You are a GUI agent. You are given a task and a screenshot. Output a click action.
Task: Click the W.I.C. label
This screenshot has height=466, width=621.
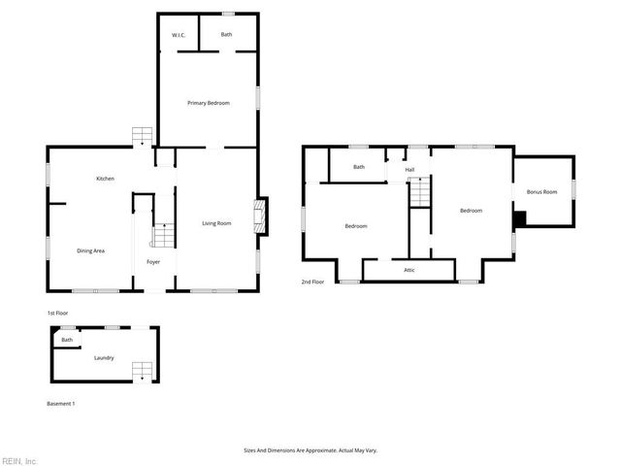coord(179,35)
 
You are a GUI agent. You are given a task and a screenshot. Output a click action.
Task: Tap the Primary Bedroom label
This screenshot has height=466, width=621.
coord(209,102)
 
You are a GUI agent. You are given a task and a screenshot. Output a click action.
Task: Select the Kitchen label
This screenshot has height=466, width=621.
coord(106,179)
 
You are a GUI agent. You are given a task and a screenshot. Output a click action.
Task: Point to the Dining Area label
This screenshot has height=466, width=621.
coord(90,251)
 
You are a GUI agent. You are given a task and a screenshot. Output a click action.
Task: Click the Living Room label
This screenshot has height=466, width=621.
coord(216,224)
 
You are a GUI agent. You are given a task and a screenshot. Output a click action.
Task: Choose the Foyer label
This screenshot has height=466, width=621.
coord(153,262)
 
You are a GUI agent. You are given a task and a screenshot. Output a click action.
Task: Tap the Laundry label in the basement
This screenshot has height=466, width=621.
coord(104,357)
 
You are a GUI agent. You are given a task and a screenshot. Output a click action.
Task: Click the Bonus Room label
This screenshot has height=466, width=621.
coord(541,192)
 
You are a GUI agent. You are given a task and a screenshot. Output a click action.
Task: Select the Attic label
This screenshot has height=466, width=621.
coord(410,269)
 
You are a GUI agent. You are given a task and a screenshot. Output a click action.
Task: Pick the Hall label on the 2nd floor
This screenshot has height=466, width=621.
coord(410,170)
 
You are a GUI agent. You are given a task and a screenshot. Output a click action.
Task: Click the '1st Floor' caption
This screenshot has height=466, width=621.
coord(57,313)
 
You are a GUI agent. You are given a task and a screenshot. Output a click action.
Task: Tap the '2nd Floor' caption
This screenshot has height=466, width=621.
coord(312,283)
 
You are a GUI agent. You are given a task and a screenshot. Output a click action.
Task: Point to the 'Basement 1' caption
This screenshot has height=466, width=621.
coord(61,403)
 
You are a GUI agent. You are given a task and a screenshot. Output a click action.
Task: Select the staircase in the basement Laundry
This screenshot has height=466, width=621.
coord(142,370)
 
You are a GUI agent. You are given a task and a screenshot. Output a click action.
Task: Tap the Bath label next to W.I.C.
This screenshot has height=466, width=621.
coord(226,35)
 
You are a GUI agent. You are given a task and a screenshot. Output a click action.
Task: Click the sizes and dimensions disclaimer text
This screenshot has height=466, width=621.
coord(310,450)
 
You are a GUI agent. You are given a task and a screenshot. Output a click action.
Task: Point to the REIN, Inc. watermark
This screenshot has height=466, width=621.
coord(19,460)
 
